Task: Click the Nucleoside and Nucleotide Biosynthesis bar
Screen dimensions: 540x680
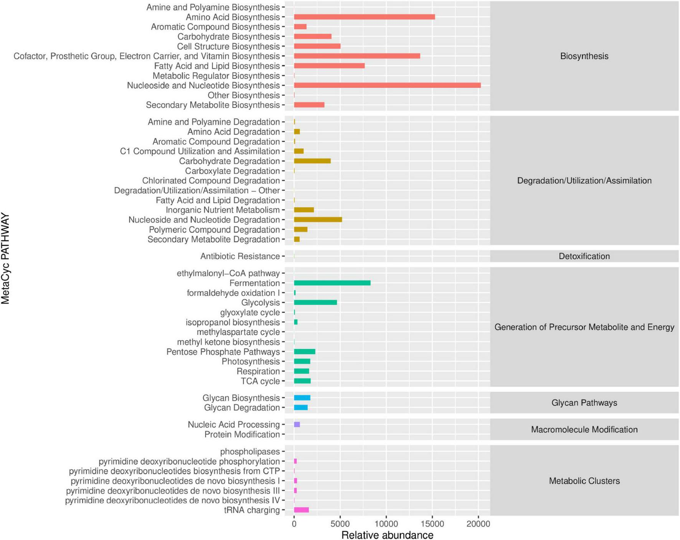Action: click(387, 85)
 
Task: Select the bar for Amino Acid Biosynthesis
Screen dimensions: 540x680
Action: click(364, 17)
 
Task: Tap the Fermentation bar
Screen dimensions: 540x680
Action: click(332, 283)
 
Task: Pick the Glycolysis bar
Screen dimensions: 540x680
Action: click(315, 302)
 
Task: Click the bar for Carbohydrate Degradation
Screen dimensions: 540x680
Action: click(312, 161)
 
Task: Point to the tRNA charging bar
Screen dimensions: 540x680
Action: click(301, 510)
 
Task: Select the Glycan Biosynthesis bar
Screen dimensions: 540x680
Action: click(302, 398)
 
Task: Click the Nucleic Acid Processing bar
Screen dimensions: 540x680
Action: click(297, 424)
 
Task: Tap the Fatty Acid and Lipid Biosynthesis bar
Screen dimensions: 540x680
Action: click(329, 66)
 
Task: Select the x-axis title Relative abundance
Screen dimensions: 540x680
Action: click(387, 535)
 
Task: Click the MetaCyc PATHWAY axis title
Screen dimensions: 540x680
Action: click(5, 259)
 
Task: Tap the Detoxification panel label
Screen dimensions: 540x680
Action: click(584, 256)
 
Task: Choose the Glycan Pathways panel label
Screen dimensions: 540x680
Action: click(584, 403)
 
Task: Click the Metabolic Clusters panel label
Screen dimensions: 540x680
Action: click(584, 481)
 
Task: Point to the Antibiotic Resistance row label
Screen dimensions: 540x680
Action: click(240, 256)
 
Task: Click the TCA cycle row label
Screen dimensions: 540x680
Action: click(260, 381)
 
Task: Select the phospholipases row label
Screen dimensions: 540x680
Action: click(250, 452)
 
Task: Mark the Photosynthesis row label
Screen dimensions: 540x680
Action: click(251, 362)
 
